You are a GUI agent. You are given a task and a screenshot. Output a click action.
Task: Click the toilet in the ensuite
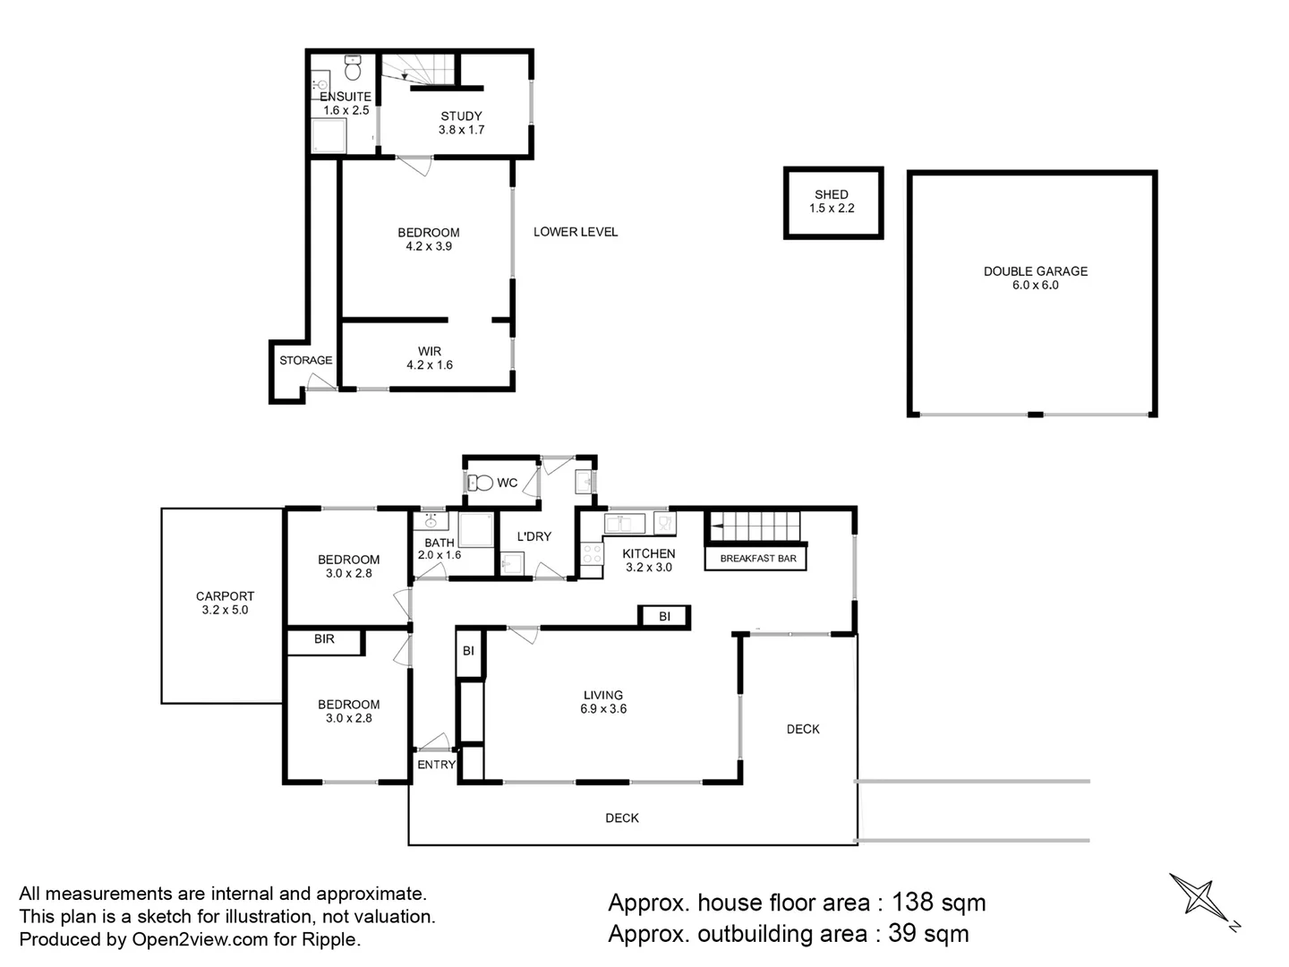[353, 68]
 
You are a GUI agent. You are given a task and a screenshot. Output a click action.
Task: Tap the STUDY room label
[461, 116]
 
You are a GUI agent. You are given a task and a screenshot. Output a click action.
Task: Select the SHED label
[831, 194]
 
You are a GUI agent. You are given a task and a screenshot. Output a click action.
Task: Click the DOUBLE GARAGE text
[1036, 271]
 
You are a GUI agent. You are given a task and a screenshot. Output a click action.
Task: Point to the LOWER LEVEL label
[576, 232]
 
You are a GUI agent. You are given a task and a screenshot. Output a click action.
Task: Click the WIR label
[430, 351]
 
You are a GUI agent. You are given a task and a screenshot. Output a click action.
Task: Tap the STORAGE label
[305, 361]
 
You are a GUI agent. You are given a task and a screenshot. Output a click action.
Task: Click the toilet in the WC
[481, 483]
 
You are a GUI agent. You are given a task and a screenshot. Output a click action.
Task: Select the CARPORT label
[225, 596]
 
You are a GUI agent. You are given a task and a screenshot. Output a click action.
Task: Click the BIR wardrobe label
[324, 638]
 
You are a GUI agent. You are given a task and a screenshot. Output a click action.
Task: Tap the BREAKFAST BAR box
[755, 558]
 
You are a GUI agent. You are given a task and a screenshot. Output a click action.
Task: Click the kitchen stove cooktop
[592, 553]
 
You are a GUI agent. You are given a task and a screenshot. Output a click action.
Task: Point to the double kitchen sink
[624, 523]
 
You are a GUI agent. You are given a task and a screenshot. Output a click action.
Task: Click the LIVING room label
[603, 695]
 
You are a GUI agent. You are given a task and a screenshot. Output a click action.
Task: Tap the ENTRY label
[436, 765]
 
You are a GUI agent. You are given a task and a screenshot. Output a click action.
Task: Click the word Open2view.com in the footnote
[200, 939]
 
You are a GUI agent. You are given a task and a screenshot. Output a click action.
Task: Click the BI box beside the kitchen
[664, 617]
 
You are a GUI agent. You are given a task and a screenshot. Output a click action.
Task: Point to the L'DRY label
[534, 536]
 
